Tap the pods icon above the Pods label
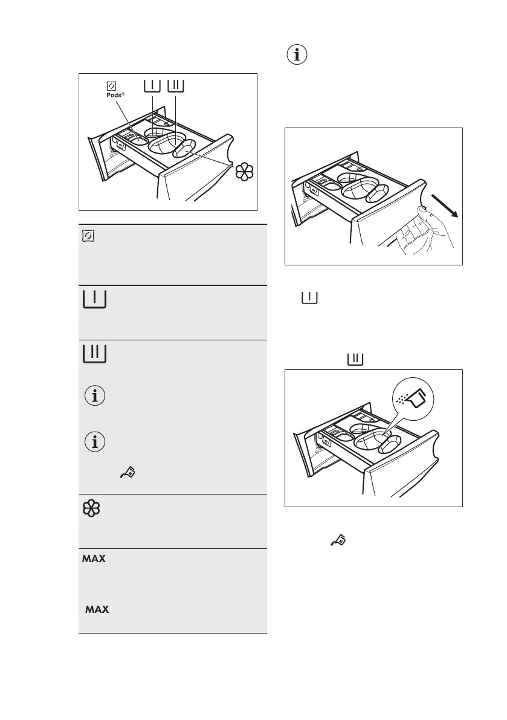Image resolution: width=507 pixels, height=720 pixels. pyautogui.click(x=111, y=85)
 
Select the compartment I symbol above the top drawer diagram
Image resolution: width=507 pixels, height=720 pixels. pyautogui.click(x=152, y=85)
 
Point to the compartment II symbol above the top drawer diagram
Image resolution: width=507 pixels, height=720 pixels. pyautogui.click(x=176, y=85)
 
